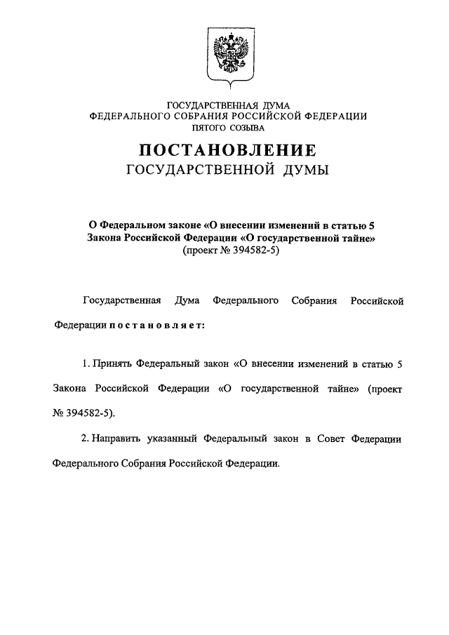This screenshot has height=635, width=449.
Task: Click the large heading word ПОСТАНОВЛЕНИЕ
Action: tap(227, 149)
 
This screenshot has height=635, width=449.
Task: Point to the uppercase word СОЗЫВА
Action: tap(248, 129)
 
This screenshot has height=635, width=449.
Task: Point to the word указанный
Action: tap(173, 439)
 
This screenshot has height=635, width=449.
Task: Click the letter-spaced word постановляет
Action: tap(156, 326)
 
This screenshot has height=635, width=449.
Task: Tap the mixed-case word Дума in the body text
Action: tap(186, 301)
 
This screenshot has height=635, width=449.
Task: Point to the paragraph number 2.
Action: tap(83, 439)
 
